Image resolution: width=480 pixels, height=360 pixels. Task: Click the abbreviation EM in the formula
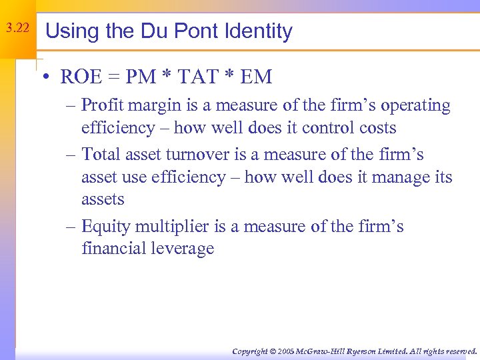[256, 77]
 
